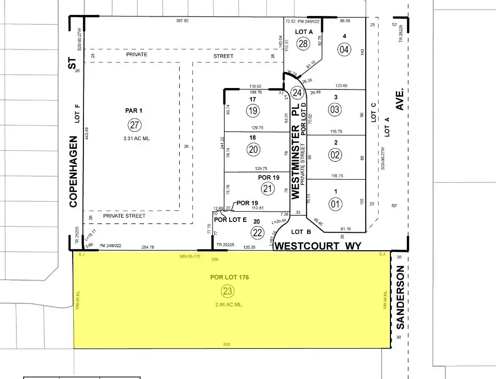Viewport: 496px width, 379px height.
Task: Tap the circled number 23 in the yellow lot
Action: pos(227,291)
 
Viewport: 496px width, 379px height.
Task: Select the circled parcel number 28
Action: pos(303,43)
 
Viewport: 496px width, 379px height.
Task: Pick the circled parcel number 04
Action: pos(344,49)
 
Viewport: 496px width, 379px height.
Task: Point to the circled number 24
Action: pos(297,93)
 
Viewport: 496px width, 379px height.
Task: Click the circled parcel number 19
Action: pos(253,110)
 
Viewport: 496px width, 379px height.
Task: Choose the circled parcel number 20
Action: pos(253,149)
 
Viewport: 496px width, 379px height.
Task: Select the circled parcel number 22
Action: pos(258,233)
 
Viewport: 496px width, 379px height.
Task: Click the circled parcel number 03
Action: pos(335,109)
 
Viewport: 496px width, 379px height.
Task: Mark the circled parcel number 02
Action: pos(335,154)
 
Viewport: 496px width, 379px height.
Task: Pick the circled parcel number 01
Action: pos(335,204)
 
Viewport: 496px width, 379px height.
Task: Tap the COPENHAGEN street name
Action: pos(73,171)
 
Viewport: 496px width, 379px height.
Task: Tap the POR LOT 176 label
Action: pos(230,277)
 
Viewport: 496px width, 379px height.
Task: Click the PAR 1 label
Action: pos(133,110)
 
